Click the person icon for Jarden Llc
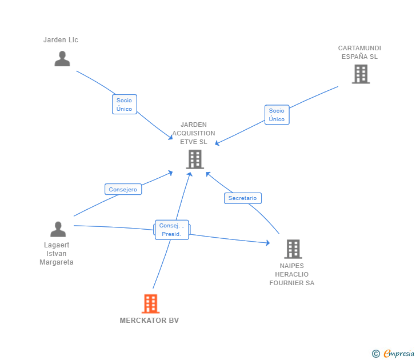click(x=62, y=59)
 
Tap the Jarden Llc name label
click(x=61, y=40)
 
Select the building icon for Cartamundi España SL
click(x=361, y=74)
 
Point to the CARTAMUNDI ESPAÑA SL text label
click(x=359, y=53)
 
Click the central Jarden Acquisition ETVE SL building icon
click(x=195, y=159)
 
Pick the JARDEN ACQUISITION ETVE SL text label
click(x=194, y=133)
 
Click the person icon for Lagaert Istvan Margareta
click(x=58, y=229)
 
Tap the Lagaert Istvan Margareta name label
click(x=57, y=254)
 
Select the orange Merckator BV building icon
click(x=150, y=303)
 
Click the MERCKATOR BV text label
click(x=149, y=321)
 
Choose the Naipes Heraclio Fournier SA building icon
click(x=293, y=249)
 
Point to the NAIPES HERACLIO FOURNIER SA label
click(x=292, y=274)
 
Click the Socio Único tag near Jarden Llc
click(x=124, y=105)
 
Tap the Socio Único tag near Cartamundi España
click(x=277, y=115)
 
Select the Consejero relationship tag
click(x=123, y=189)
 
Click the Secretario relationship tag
click(x=242, y=198)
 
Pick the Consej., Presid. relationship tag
click(x=171, y=230)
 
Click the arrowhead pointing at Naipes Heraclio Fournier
click(x=267, y=243)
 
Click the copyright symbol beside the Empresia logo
click(x=376, y=354)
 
